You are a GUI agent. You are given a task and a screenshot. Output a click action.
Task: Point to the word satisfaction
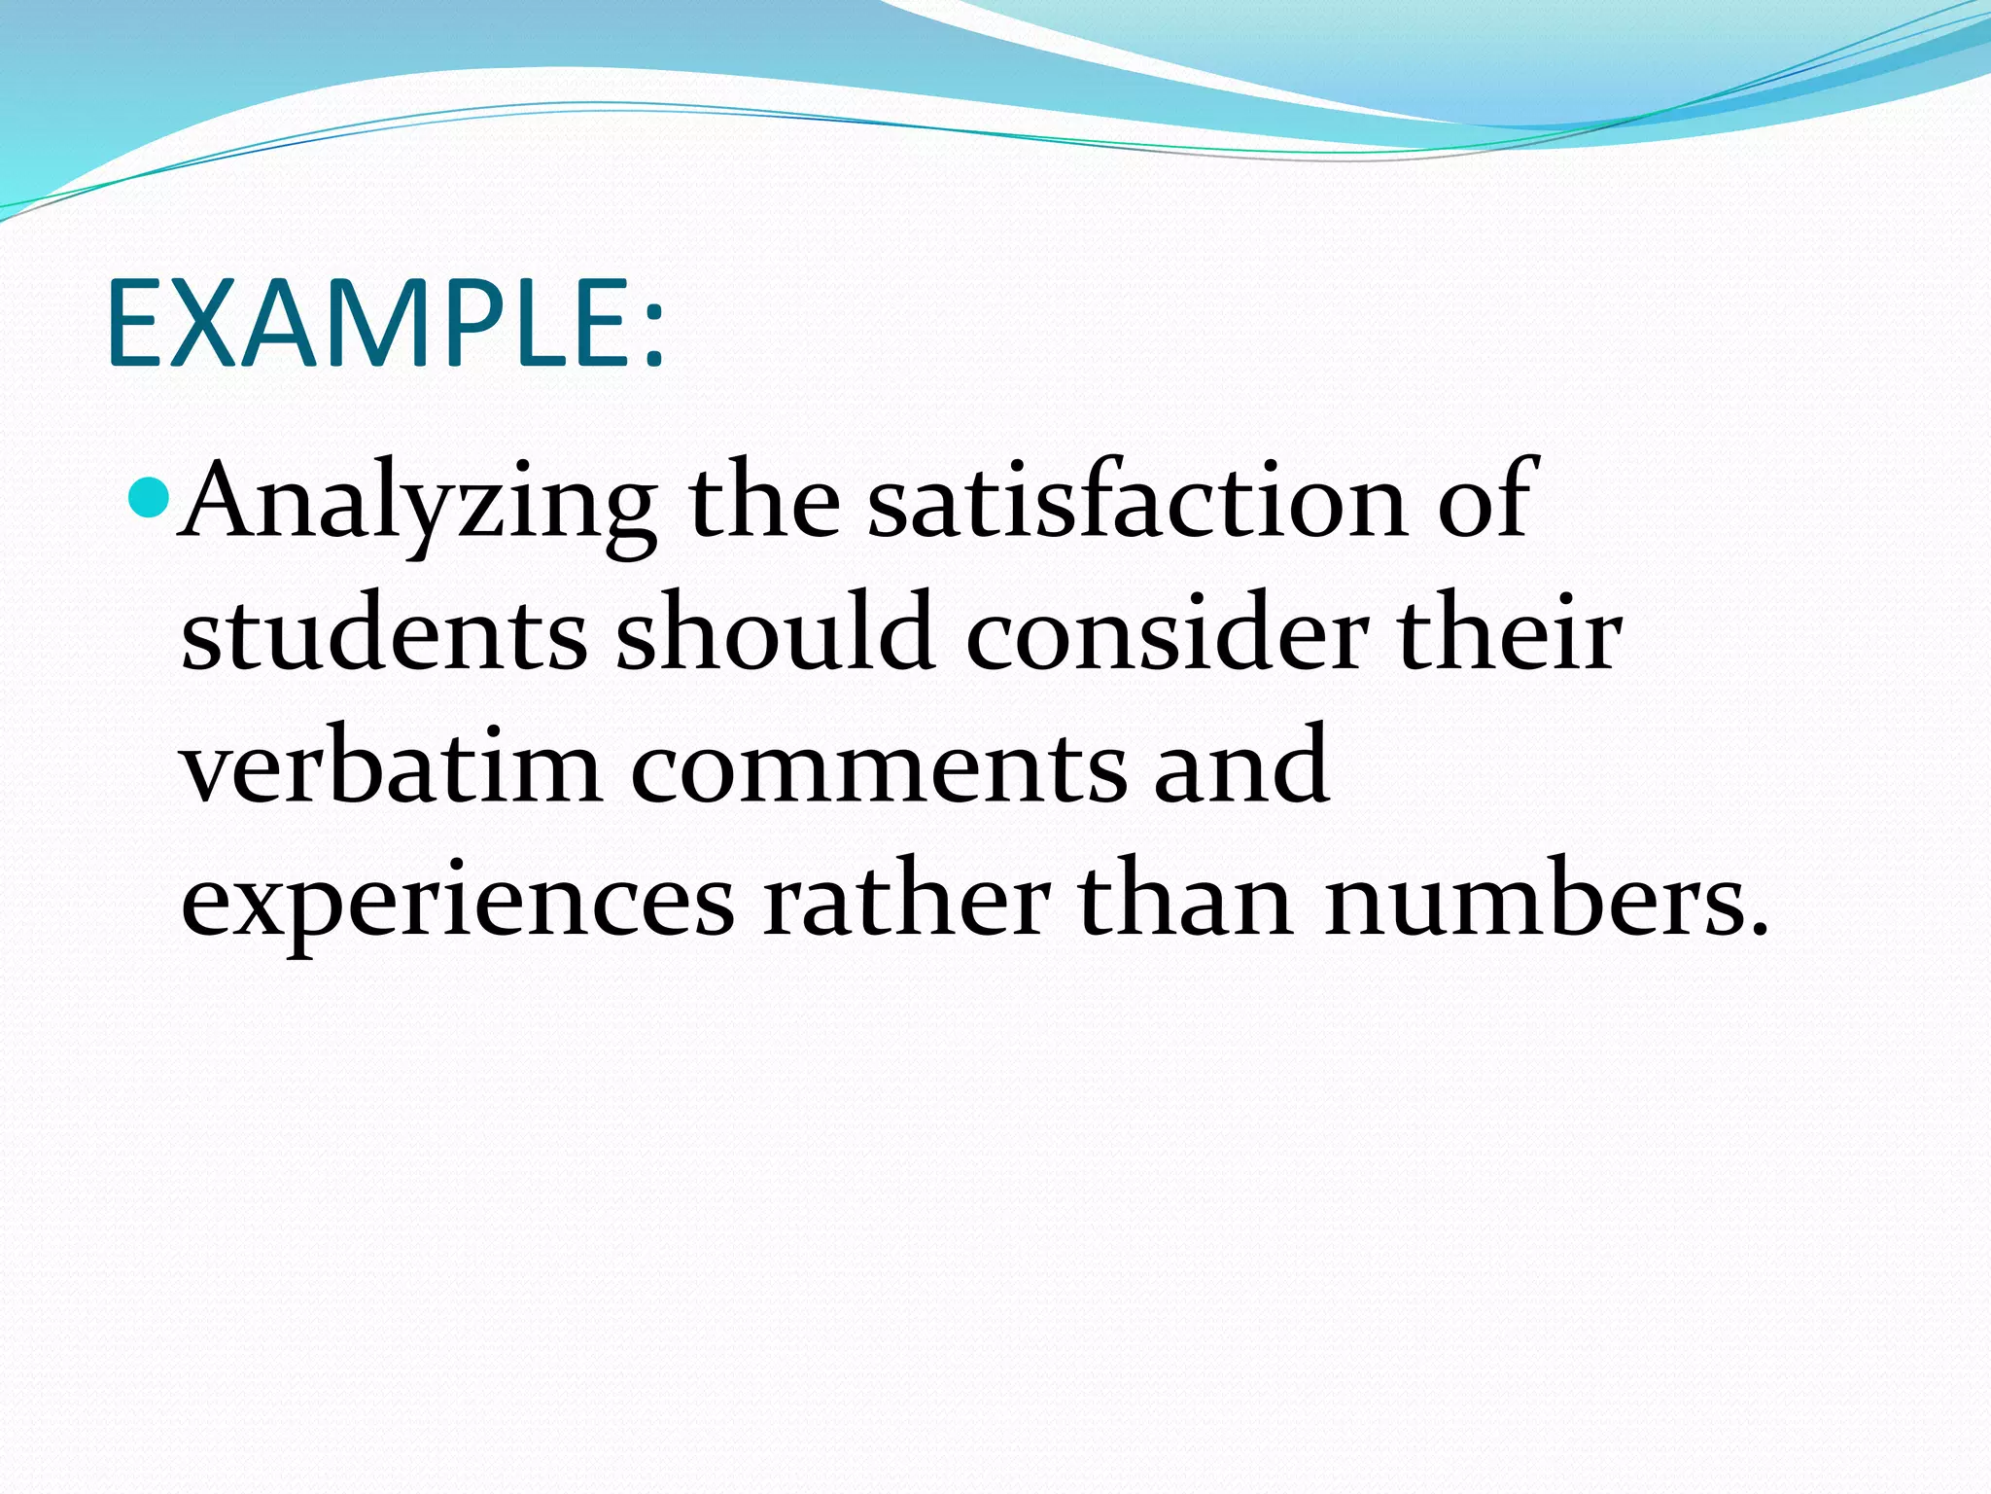coord(1136,502)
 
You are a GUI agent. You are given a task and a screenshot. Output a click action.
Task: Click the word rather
coord(905,901)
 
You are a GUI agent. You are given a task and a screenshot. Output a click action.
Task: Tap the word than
coord(1185,901)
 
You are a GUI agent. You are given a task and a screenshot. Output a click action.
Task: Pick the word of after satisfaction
coord(1484,502)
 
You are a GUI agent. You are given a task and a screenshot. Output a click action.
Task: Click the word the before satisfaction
coord(763,502)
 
